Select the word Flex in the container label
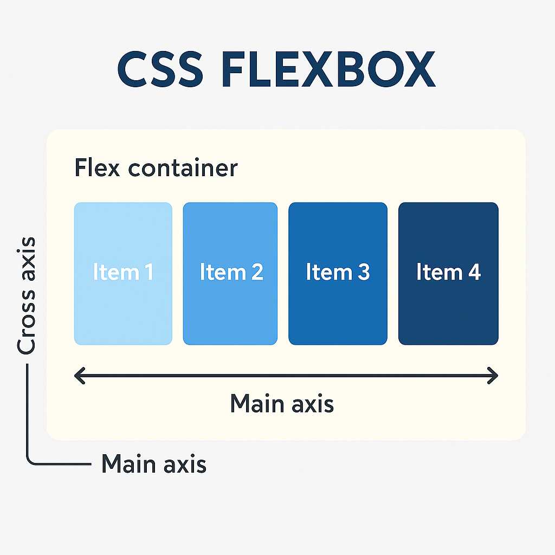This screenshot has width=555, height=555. click(99, 167)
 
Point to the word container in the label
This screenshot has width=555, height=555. click(183, 169)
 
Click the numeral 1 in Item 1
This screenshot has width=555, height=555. click(147, 272)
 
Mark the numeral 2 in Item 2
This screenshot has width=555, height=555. click(256, 272)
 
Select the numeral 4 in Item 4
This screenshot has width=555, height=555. click(474, 272)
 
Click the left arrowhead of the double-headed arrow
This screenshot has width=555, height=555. click(79, 375)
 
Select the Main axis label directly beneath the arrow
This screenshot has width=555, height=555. click(282, 404)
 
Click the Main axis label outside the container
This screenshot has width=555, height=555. click(154, 464)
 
